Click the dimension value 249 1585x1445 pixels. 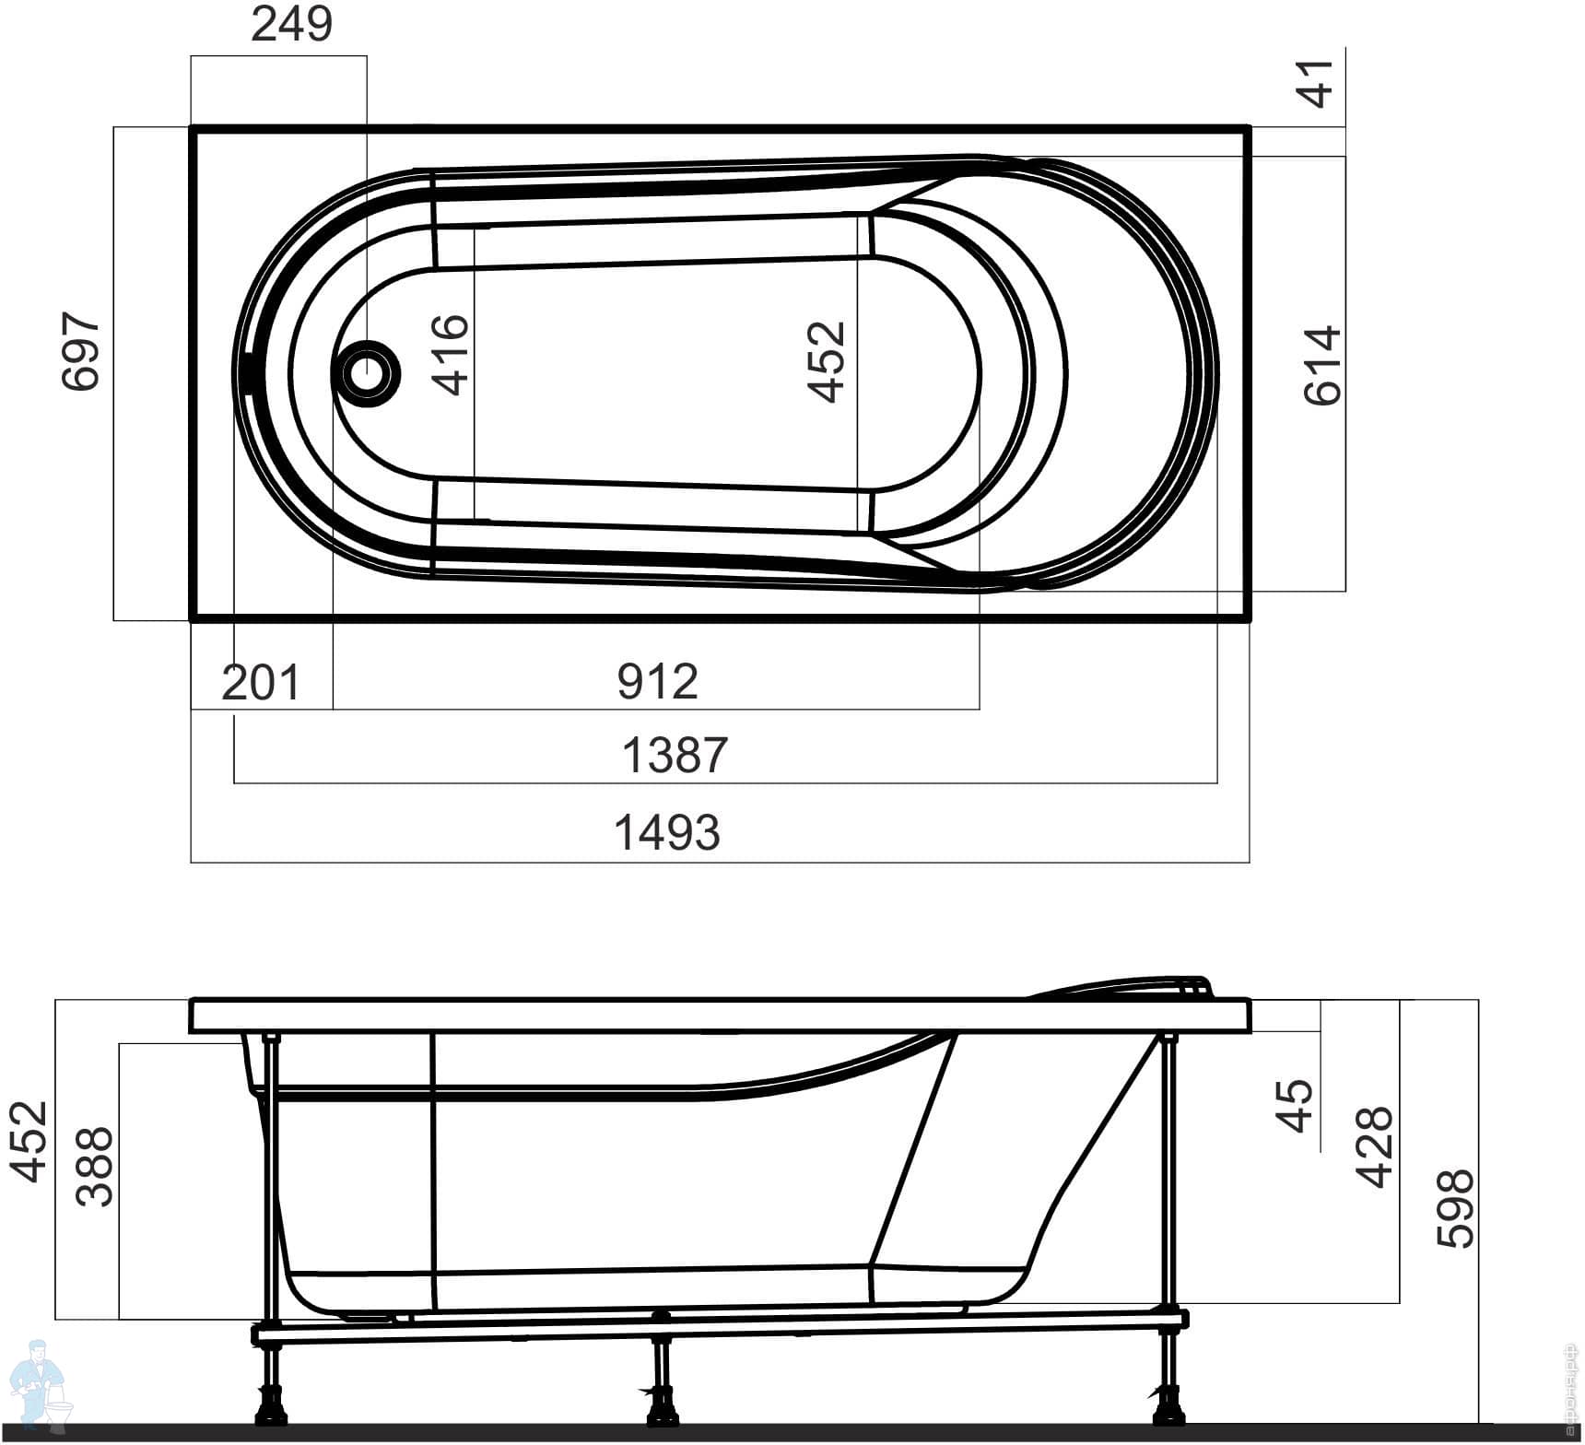[291, 25]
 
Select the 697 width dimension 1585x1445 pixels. [80, 351]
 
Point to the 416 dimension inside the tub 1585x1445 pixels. [452, 355]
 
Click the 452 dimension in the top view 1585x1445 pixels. [827, 361]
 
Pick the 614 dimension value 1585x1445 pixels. [1322, 365]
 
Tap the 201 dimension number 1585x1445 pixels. [261, 683]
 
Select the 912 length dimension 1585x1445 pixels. [658, 682]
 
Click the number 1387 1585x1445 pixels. [675, 755]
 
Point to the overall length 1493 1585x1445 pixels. [667, 832]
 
